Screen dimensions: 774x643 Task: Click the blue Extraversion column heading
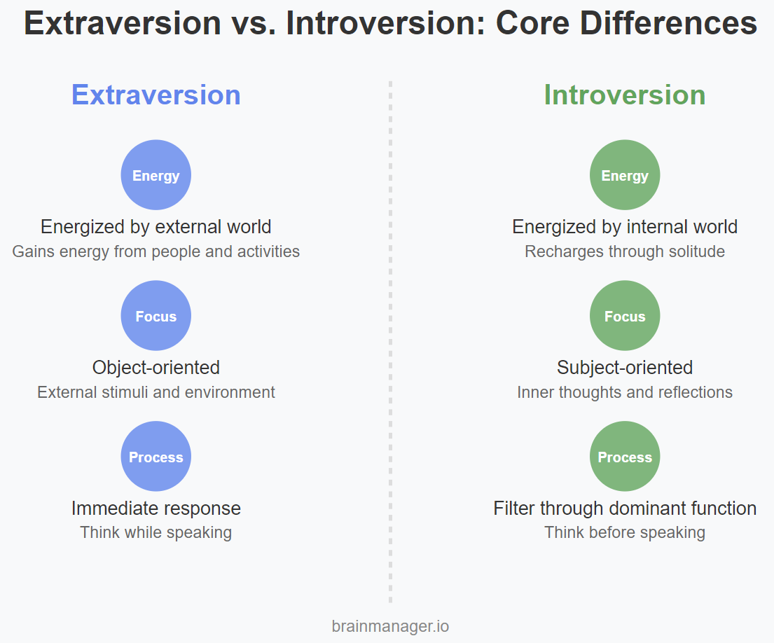(x=156, y=95)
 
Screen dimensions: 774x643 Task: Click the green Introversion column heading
(x=624, y=95)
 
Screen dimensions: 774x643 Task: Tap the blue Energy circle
(x=156, y=174)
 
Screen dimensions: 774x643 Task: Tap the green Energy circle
(x=625, y=174)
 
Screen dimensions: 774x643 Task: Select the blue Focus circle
(x=156, y=316)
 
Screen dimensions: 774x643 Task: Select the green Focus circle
(x=625, y=316)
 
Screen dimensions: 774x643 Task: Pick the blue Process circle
(x=156, y=457)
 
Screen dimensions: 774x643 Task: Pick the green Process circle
(x=625, y=457)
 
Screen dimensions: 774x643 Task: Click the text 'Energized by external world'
(x=156, y=227)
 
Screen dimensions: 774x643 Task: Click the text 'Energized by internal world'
(x=625, y=227)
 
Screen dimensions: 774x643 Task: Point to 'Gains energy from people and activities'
(x=156, y=251)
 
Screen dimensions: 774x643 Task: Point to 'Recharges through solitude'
(x=625, y=251)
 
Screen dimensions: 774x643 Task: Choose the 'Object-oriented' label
(x=156, y=368)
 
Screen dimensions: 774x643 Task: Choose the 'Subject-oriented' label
(x=625, y=368)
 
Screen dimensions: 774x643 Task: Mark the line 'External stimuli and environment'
(x=156, y=392)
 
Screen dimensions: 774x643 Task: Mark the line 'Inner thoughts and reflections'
(x=625, y=392)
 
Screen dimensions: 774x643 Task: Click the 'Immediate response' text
(x=156, y=509)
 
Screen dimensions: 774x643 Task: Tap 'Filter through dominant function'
(x=625, y=509)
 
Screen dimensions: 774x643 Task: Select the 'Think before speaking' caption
(x=625, y=533)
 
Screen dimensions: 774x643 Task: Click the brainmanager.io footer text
(x=390, y=626)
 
